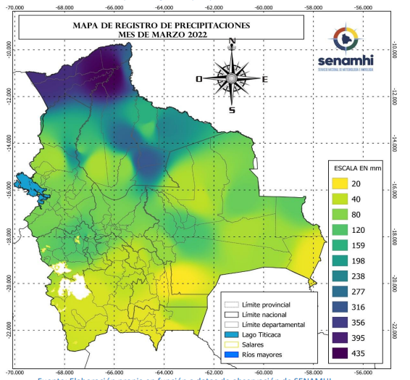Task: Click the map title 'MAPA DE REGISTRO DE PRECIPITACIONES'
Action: (160, 25)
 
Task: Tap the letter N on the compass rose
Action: (232, 41)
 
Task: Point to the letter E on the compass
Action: (264, 79)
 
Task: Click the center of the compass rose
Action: (232, 77)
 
